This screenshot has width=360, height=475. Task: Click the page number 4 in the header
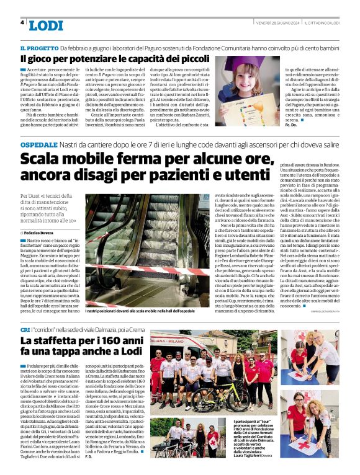pos(23,23)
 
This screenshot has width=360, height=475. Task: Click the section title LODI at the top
pos(46,25)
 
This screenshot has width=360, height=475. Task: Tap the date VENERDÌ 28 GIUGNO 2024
pos(278,22)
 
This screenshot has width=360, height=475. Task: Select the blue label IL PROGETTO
pos(40,48)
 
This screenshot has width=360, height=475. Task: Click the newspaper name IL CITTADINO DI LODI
pos(322,22)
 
